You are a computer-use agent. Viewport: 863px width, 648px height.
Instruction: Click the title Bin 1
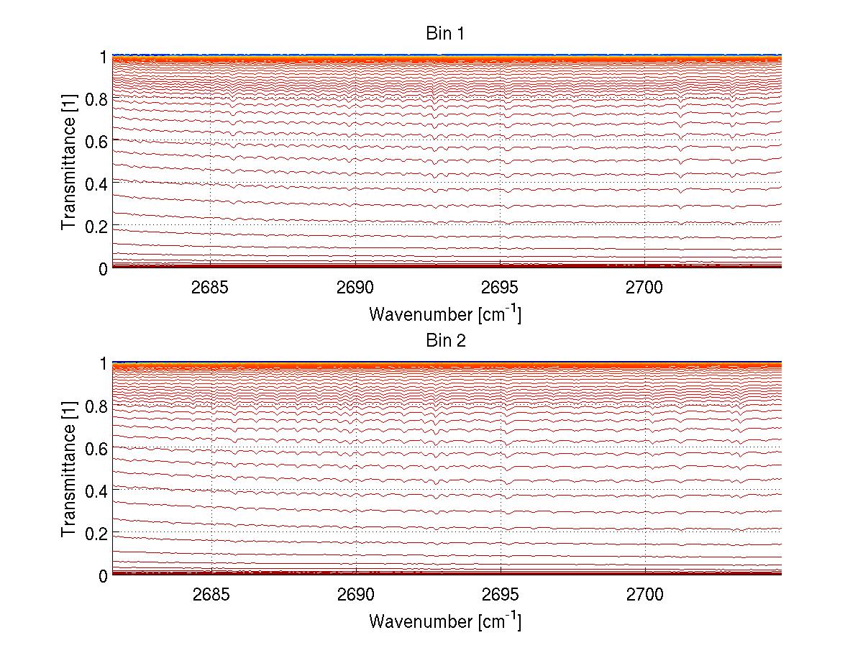click(x=446, y=33)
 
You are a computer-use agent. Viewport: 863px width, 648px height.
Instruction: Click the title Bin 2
click(x=446, y=340)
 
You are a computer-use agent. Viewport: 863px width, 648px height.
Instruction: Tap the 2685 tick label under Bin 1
click(x=210, y=287)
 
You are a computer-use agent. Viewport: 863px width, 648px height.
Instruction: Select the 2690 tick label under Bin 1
click(x=355, y=287)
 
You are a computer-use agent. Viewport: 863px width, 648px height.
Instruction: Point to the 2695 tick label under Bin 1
click(x=500, y=287)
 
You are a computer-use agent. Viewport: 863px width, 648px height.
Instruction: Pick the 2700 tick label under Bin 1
click(x=645, y=287)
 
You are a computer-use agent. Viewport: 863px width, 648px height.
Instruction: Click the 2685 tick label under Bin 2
click(x=210, y=594)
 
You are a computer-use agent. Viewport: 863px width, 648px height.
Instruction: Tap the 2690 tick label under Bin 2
click(x=355, y=594)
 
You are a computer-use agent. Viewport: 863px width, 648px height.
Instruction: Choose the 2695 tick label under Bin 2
click(x=500, y=594)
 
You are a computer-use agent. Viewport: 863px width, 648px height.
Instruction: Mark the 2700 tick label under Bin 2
click(x=645, y=594)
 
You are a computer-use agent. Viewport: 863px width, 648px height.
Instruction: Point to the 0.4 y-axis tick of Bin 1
click(x=96, y=184)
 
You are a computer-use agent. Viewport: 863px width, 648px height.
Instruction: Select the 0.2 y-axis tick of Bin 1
click(x=96, y=227)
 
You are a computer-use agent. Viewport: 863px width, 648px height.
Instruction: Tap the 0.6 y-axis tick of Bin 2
click(x=96, y=449)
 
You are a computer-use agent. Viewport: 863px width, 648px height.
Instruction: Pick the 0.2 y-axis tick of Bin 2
click(x=96, y=534)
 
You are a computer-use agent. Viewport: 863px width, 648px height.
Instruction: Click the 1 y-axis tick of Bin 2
click(x=103, y=364)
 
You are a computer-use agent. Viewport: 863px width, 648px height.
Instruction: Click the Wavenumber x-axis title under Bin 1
click(x=445, y=314)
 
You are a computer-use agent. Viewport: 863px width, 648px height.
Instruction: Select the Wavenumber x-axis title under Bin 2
click(x=445, y=621)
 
